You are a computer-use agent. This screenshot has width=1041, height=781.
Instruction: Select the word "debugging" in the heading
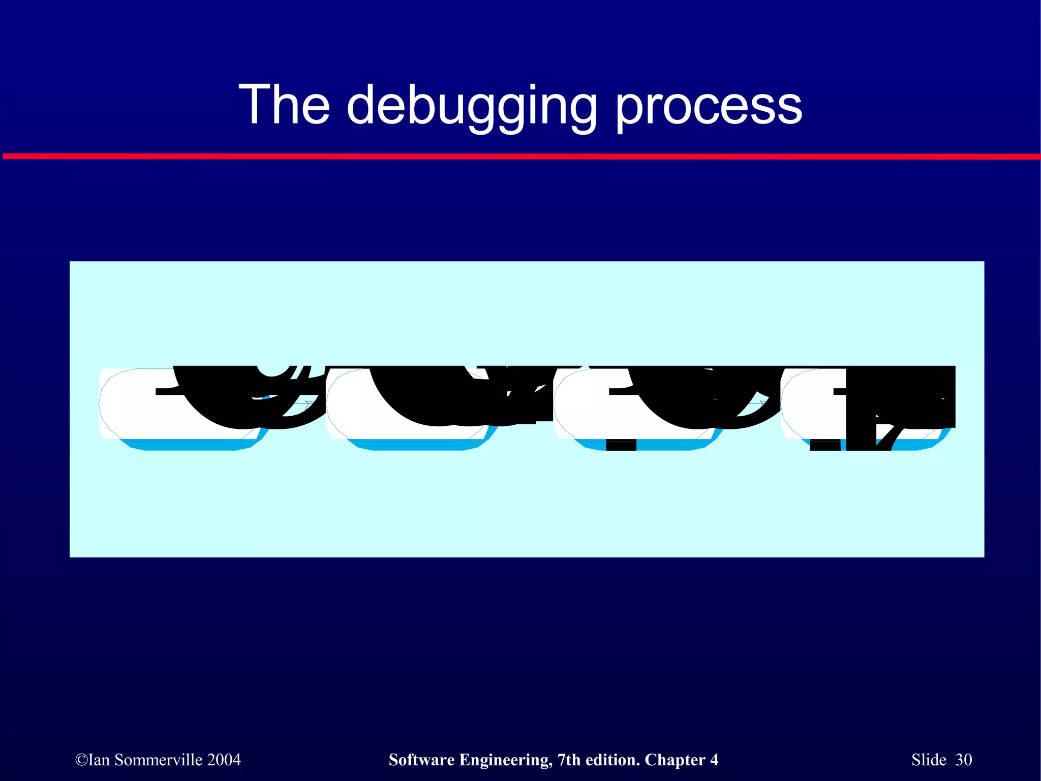472,107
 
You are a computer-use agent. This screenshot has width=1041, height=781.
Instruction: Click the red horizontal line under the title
520,157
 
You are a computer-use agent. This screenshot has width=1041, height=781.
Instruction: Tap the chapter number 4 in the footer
714,760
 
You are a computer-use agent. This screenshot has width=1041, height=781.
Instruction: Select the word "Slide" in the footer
929,760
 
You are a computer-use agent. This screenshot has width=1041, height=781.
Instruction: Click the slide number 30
964,760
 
